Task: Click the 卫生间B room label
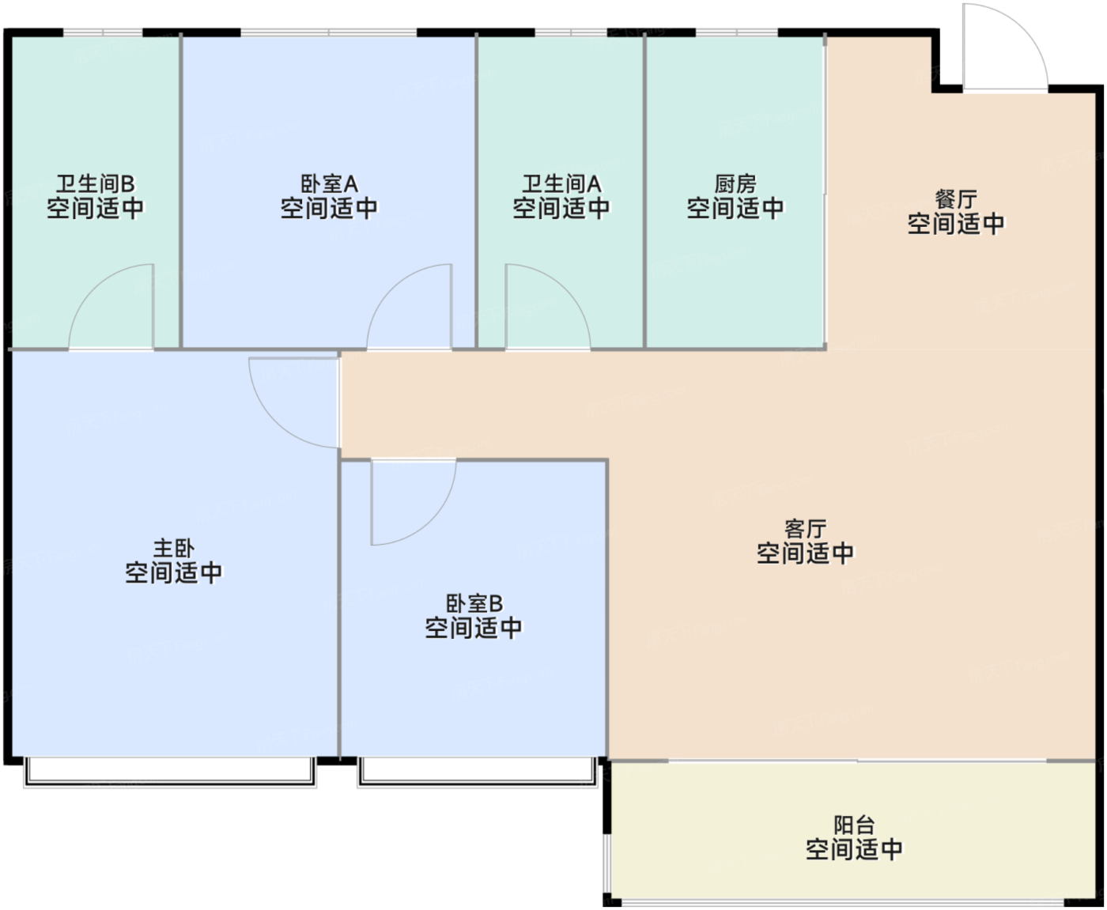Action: pyautogui.click(x=96, y=184)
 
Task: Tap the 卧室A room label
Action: pyautogui.click(x=329, y=184)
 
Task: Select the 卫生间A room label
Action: pyautogui.click(x=561, y=184)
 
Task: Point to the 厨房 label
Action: pyautogui.click(x=735, y=184)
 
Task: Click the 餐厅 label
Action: pyautogui.click(x=956, y=200)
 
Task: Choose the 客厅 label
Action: pyautogui.click(x=805, y=529)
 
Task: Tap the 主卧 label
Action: pyautogui.click(x=174, y=549)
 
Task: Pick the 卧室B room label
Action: pyautogui.click(x=474, y=603)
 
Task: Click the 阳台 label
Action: pyautogui.click(x=854, y=825)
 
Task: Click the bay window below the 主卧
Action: pyautogui.click(x=170, y=772)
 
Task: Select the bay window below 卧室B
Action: pyautogui.click(x=478, y=772)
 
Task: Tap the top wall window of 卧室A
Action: pyautogui.click(x=329, y=32)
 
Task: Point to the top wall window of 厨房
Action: pyautogui.click(x=736, y=32)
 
